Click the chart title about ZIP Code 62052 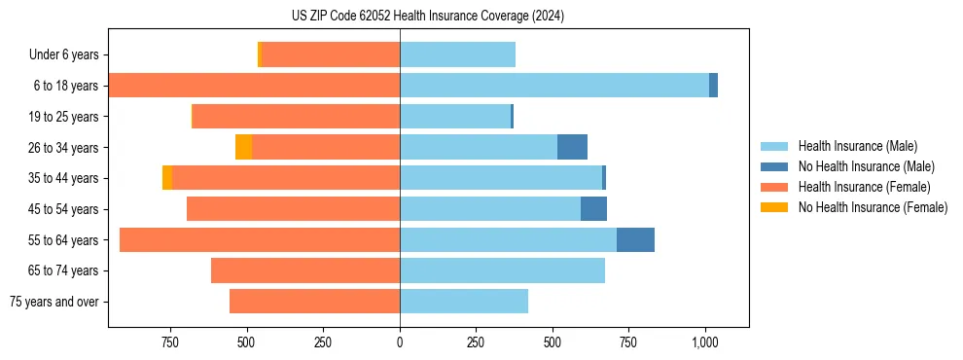tap(427, 17)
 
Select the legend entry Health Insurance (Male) tap(857, 146)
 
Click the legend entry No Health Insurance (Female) tap(873, 207)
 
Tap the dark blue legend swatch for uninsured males tap(775, 166)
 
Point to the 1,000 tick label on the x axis tap(705, 342)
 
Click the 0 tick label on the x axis tap(400, 342)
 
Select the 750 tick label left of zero tap(169, 342)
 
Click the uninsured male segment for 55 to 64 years tap(635, 239)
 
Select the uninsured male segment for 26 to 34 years tap(572, 147)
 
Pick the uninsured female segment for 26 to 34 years tap(243, 147)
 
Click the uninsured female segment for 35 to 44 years tap(167, 178)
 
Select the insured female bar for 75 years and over tap(314, 302)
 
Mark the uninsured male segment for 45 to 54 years tap(593, 209)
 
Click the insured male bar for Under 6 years tap(457, 54)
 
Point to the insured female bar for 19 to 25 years tap(296, 117)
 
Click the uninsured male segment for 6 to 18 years tap(713, 86)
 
